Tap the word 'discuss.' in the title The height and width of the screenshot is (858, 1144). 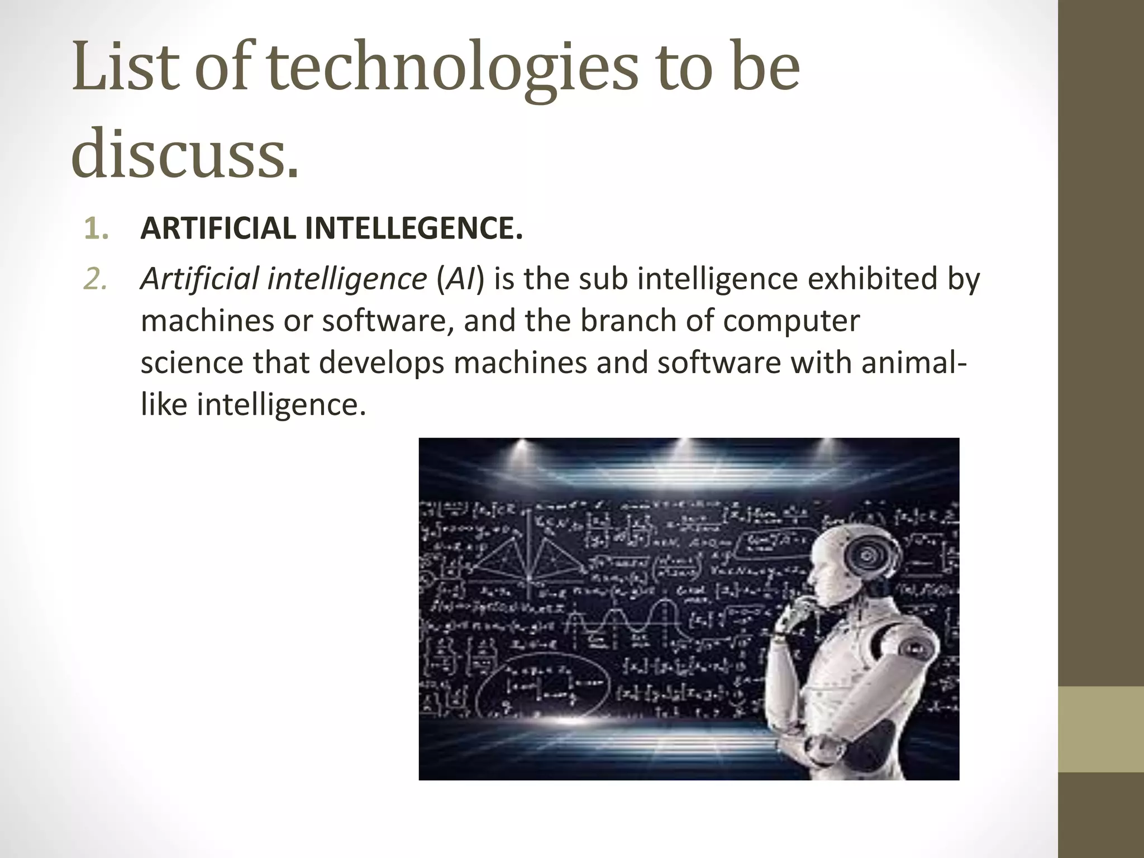pyautogui.click(x=185, y=152)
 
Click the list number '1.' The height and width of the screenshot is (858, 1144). pyautogui.click(x=96, y=229)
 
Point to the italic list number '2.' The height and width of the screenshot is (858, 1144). pyautogui.click(x=96, y=279)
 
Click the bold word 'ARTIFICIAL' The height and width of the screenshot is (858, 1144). pyautogui.click(x=218, y=229)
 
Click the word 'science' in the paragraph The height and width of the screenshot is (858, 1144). pyautogui.click(x=192, y=363)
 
